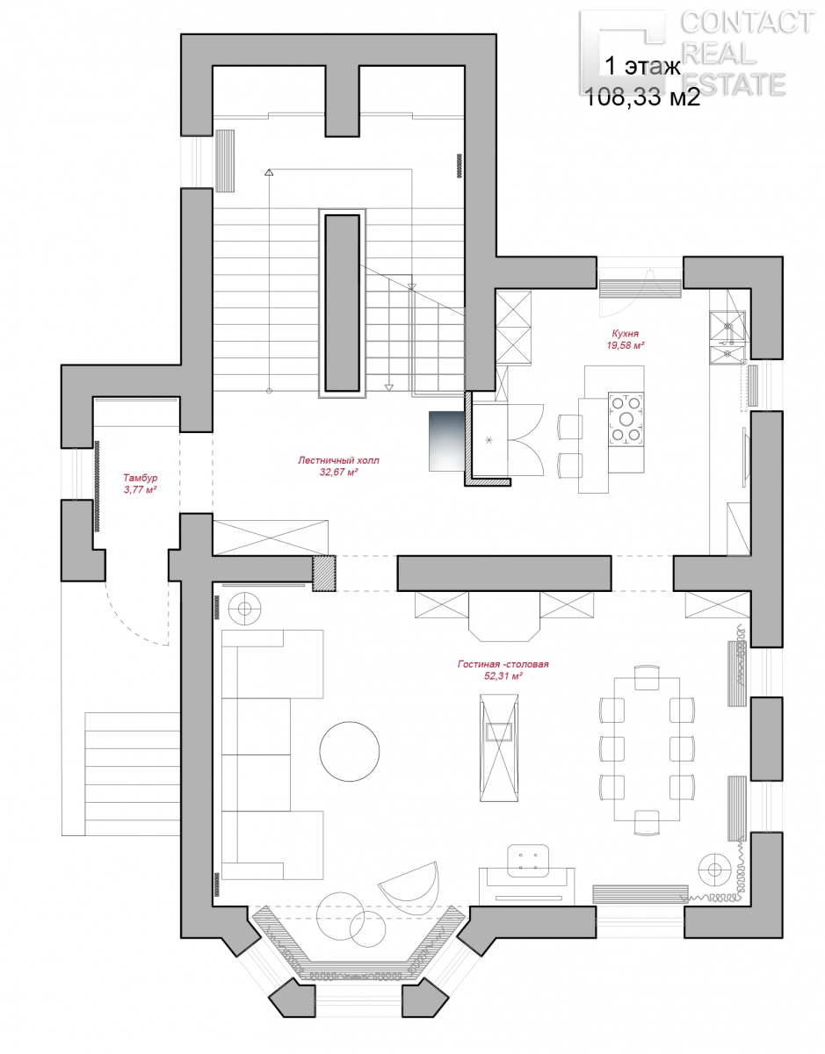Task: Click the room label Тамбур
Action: click(141, 479)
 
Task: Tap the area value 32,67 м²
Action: click(338, 472)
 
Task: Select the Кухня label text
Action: click(626, 334)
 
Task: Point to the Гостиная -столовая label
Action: click(503, 664)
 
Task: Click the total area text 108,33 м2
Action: click(642, 97)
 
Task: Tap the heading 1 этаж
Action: click(643, 67)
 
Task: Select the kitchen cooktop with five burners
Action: click(626, 419)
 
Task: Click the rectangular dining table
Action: click(647, 749)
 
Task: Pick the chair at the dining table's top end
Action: click(647, 677)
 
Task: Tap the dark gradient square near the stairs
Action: click(446, 441)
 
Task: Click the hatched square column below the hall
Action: click(323, 574)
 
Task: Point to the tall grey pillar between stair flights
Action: click(342, 303)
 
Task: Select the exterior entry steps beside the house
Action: click(132, 774)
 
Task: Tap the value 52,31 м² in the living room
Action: click(503, 676)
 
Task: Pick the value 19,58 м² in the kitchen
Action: click(626, 345)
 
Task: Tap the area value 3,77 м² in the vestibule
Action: click(141, 490)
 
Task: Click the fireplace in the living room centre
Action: click(498, 747)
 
